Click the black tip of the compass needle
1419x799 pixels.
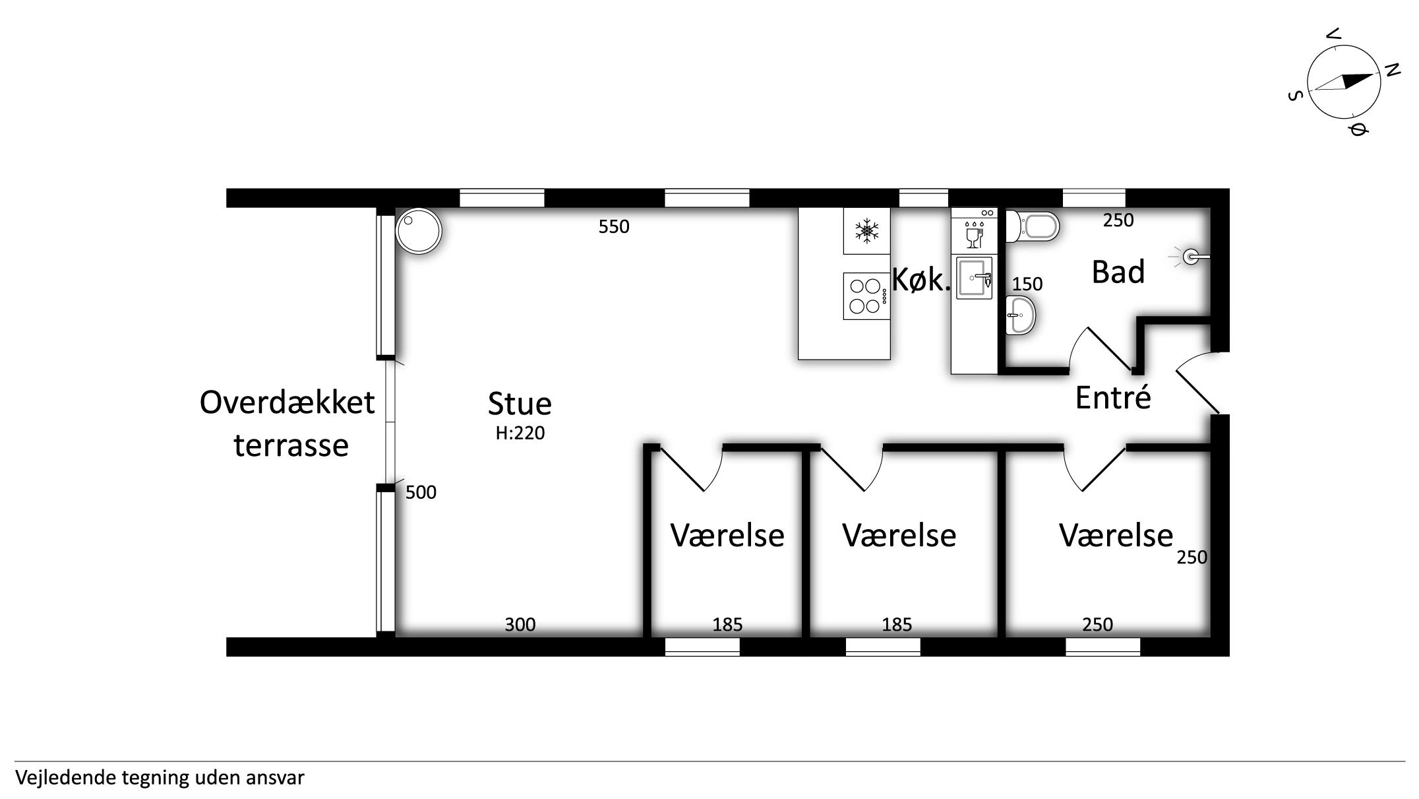point(1374,75)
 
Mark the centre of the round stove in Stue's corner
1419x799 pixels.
point(419,231)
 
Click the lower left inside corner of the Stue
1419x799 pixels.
point(396,636)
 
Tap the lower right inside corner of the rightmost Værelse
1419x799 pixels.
point(1211,636)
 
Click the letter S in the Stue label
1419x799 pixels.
point(497,404)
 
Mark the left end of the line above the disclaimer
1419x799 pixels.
point(15,761)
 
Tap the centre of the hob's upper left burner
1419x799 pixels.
point(857,286)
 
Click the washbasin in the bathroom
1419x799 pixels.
point(1021,315)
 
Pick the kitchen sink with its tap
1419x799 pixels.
point(974,278)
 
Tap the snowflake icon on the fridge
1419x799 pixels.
point(866,230)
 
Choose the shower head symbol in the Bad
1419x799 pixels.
point(1191,257)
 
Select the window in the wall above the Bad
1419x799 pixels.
point(1094,198)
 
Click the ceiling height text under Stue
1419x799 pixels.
point(520,433)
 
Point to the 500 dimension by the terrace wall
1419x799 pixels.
point(421,493)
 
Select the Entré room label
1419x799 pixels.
point(1113,398)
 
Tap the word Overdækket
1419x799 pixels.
point(287,402)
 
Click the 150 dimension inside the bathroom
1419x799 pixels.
point(1027,284)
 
